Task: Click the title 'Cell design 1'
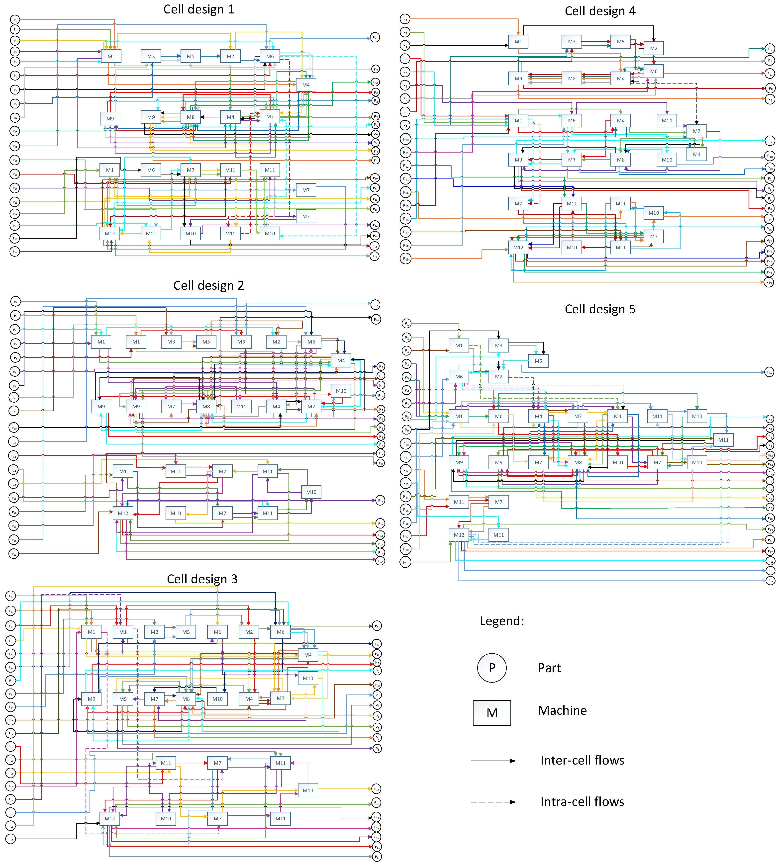point(198,9)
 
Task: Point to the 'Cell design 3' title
point(202,579)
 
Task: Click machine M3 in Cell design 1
point(151,56)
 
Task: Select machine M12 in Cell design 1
point(110,234)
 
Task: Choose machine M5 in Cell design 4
point(621,42)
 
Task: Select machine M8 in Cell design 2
point(206,407)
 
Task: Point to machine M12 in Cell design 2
point(123,513)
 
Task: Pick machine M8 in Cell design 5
point(578,462)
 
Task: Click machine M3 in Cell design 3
point(154,632)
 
